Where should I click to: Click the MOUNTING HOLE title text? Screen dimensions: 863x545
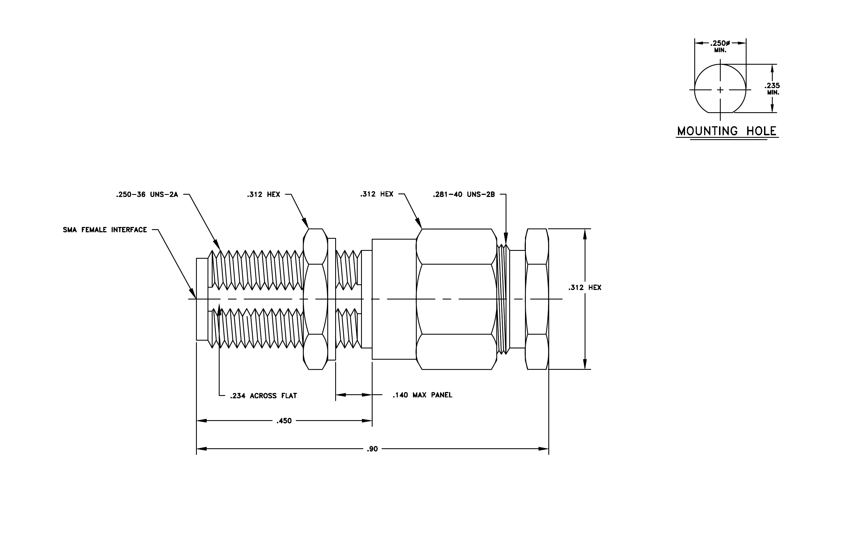coord(727,131)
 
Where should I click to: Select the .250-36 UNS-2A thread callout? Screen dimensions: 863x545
coord(147,195)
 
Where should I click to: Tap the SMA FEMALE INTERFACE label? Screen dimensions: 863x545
coord(105,230)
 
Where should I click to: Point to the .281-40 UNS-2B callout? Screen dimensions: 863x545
coord(464,195)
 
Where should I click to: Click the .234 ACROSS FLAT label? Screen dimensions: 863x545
coord(263,396)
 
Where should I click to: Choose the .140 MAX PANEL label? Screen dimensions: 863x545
coord(423,395)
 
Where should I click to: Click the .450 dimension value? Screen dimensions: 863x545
coord(284,421)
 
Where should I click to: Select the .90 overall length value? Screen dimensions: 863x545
coord(372,449)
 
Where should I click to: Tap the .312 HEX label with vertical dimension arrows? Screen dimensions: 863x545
coord(585,287)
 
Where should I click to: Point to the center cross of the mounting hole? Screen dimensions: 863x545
coord(720,90)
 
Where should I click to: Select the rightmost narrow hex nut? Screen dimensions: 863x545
coord(537,299)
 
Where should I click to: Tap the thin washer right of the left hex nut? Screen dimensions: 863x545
coord(332,299)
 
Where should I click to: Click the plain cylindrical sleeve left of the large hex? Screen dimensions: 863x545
coord(394,299)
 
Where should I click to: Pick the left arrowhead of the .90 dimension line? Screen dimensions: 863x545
coord(201,449)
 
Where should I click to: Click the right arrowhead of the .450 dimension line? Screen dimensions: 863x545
coord(367,421)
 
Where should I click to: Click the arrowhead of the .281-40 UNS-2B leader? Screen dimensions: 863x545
coord(506,238)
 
